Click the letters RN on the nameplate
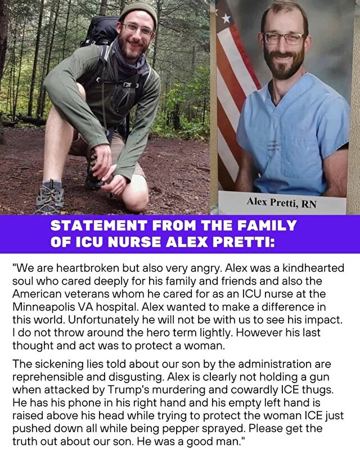(x=309, y=204)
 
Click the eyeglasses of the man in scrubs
(x=284, y=38)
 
